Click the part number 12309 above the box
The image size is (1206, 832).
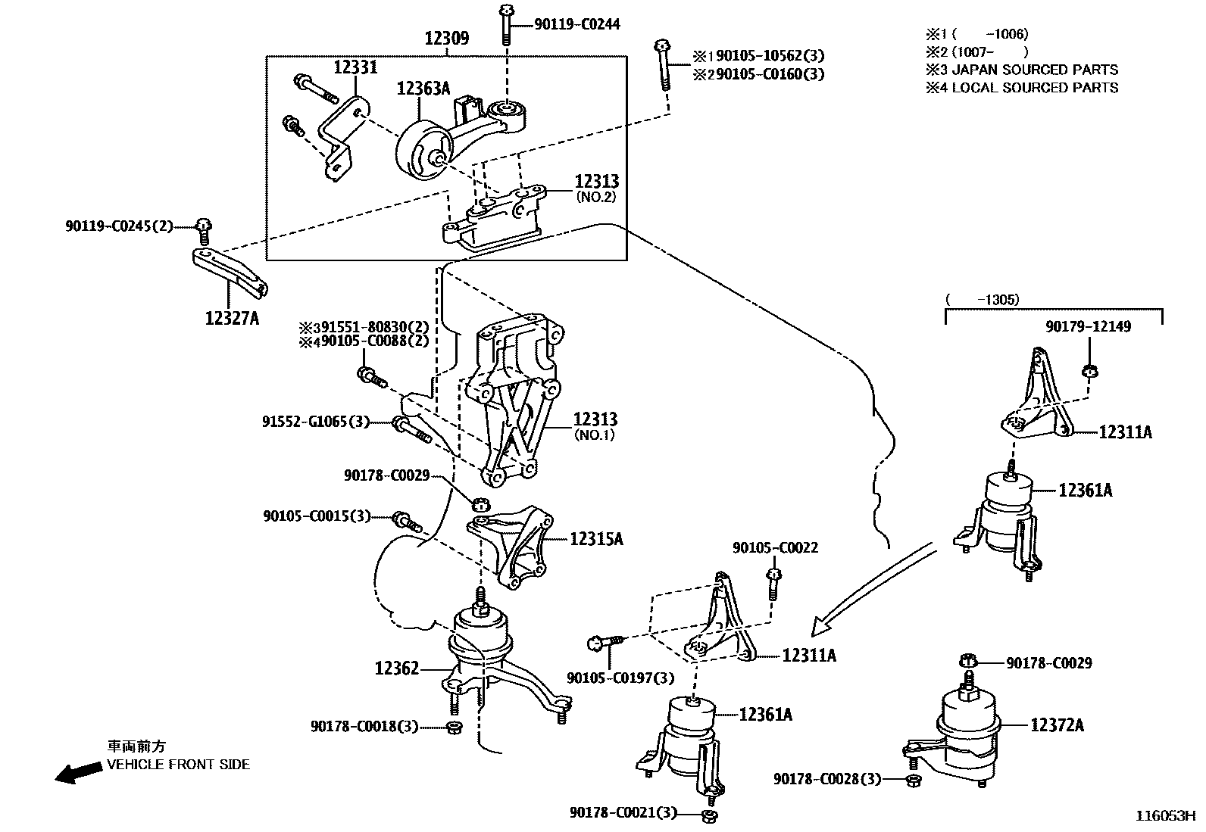pyautogui.click(x=446, y=39)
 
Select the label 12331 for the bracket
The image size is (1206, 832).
pyautogui.click(x=355, y=67)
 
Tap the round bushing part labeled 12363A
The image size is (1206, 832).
pyautogui.click(x=419, y=151)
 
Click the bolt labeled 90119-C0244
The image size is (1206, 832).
pyautogui.click(x=505, y=26)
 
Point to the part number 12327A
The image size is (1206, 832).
pyautogui.click(x=232, y=319)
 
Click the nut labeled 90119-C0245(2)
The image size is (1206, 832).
pyautogui.click(x=203, y=225)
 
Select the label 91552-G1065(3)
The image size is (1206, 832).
pyautogui.click(x=316, y=422)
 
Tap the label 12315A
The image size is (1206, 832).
pyautogui.click(x=596, y=539)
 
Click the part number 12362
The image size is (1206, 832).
pyautogui.click(x=396, y=668)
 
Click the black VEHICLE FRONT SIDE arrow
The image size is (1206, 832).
pyautogui.click(x=79, y=772)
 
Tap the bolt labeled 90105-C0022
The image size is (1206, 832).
pyautogui.click(x=773, y=579)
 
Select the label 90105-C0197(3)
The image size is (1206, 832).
pyautogui.click(x=620, y=678)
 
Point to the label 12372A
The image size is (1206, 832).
pyautogui.click(x=1057, y=725)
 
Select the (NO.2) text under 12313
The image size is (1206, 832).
pyautogui.click(x=596, y=196)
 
